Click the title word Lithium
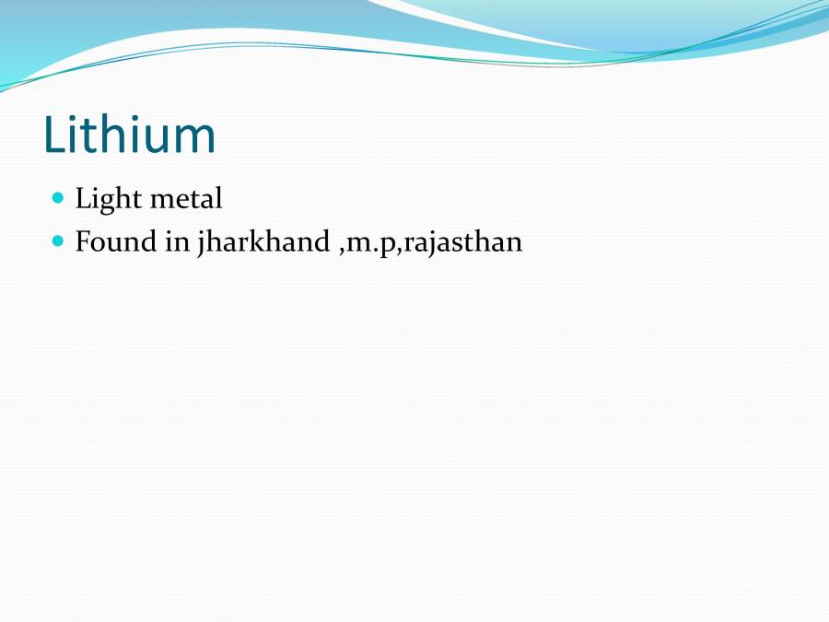pos(130,135)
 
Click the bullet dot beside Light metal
pos(59,198)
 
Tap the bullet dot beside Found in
pos(59,241)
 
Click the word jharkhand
pos(263,243)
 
